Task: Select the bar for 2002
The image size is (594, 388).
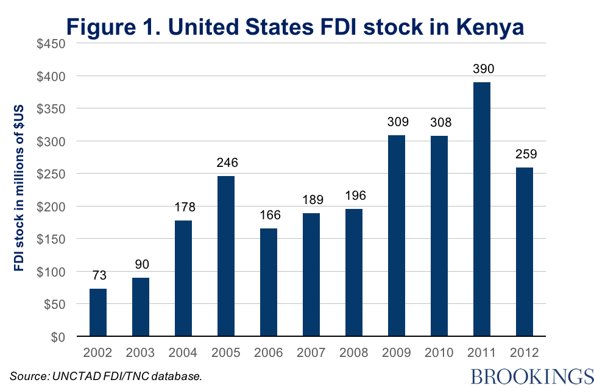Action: pyautogui.click(x=98, y=312)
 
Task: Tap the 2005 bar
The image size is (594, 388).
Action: pyautogui.click(x=226, y=256)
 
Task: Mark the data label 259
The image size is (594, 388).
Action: pyautogui.click(x=524, y=155)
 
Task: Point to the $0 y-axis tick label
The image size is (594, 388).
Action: pyautogui.click(x=58, y=336)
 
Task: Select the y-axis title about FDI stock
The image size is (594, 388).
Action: pyautogui.click(x=19, y=189)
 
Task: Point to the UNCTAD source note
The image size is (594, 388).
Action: pyautogui.click(x=105, y=376)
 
